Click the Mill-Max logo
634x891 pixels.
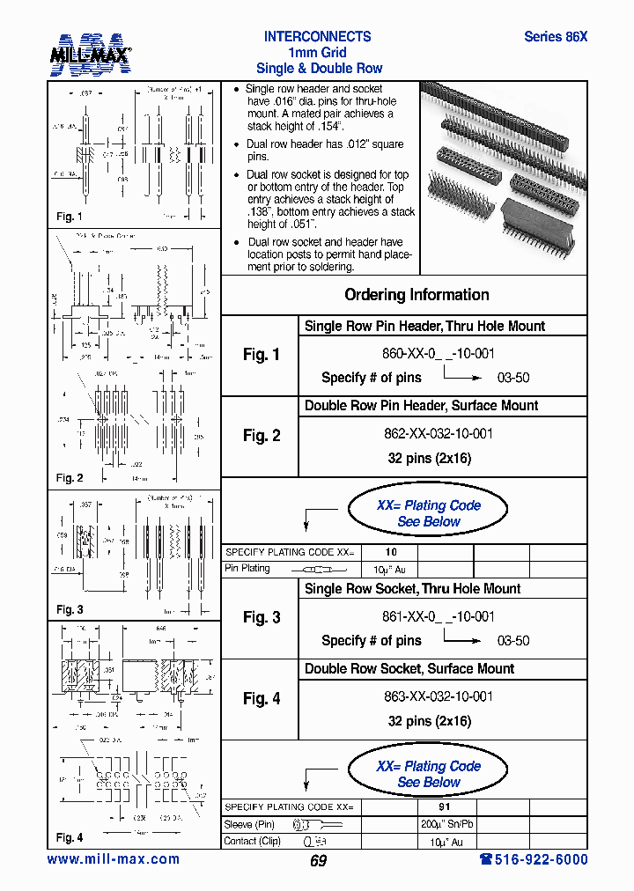pos(90,54)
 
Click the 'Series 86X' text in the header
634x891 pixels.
pos(555,37)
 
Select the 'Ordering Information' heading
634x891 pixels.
pos(417,295)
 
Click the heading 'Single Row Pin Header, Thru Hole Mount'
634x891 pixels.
pos(424,326)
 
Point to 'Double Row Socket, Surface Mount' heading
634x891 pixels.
pos(409,668)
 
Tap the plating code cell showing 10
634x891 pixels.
pos(391,552)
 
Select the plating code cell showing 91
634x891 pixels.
pos(445,806)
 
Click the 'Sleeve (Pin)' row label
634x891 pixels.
pos(250,825)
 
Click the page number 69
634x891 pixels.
pos(318,861)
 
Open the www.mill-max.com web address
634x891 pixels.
pos(113,859)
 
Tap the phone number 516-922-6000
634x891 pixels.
pos(533,859)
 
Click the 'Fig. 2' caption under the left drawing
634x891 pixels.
pos(70,478)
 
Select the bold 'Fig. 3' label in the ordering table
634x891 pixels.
pos(261,617)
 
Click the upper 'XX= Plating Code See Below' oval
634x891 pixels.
pos(428,513)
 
